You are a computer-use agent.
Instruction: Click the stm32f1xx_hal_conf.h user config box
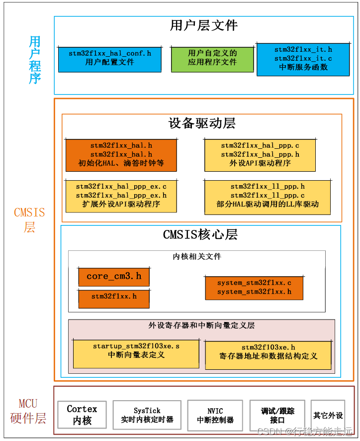[110, 58]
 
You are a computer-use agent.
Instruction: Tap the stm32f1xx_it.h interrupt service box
[303, 59]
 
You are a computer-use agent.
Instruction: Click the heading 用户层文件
[204, 25]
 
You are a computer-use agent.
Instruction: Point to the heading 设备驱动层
[202, 123]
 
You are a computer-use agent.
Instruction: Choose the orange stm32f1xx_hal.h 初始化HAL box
[121, 154]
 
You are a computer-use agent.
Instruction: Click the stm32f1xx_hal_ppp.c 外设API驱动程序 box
[260, 154]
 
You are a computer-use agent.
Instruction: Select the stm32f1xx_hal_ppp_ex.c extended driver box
[121, 196]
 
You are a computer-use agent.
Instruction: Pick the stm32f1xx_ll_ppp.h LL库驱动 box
[268, 195]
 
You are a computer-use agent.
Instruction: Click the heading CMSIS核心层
[200, 234]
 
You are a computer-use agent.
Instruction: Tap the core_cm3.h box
[114, 276]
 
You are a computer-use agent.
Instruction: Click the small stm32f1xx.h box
[114, 297]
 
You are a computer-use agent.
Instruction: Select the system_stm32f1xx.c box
[254, 288]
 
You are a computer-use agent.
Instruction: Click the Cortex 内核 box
[82, 415]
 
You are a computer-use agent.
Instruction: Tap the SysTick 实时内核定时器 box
[147, 415]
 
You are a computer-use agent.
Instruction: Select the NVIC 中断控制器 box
[215, 415]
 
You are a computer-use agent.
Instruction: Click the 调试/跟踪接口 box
[277, 415]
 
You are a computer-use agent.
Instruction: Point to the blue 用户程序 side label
[35, 60]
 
